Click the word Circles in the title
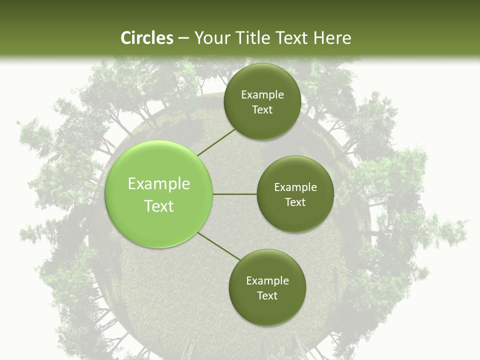pos(147,38)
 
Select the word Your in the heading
pos(212,38)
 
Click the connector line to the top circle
pos(216,142)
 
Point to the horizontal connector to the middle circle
pos(235,194)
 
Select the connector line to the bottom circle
pos(219,246)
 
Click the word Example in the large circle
pos(159,184)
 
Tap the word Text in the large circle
pos(159,206)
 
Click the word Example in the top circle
pos(262,95)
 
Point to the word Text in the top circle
pos(262,110)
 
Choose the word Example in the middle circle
pos(295,187)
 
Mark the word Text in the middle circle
pos(295,202)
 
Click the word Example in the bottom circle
pos(267,281)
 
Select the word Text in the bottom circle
pos(267,296)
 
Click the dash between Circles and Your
pos(183,38)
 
